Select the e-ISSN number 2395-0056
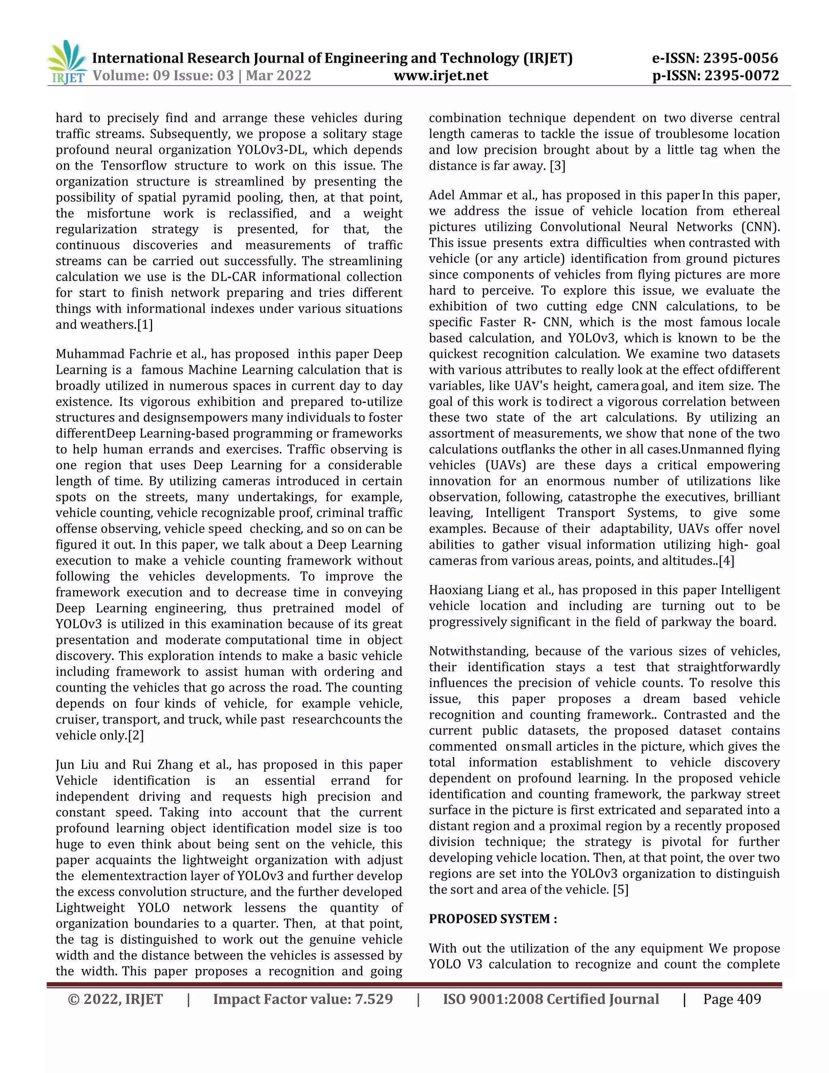coord(741,58)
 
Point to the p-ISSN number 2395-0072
coord(742,76)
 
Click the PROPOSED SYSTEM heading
coord(493,919)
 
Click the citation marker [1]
coord(145,325)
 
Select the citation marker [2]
coord(136,735)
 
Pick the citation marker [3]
coord(557,166)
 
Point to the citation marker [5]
coord(621,890)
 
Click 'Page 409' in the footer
coord(732,999)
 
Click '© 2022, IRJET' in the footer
coord(115,999)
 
